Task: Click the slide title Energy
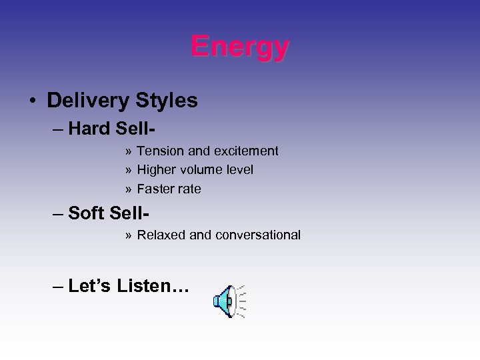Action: click(240, 47)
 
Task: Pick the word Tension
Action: click(158, 151)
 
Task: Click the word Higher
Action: click(156, 170)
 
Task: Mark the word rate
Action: click(189, 189)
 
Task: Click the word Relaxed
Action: click(161, 235)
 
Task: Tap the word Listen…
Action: click(153, 287)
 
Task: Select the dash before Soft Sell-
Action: click(57, 213)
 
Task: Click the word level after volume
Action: click(239, 170)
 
